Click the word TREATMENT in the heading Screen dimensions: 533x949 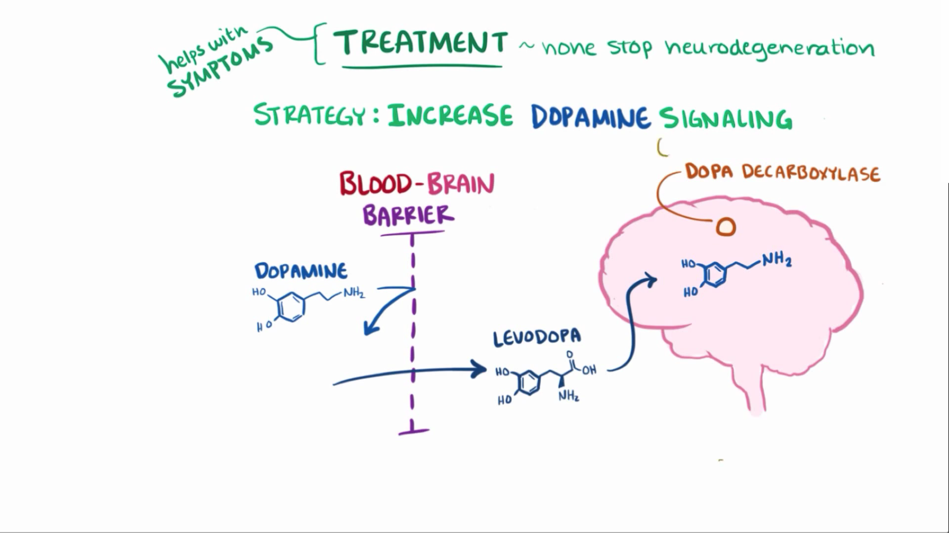click(421, 43)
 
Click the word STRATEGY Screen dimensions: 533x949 click(309, 115)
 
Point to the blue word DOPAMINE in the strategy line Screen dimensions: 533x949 click(590, 118)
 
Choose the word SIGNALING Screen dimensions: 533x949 click(726, 119)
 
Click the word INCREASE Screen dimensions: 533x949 click(450, 116)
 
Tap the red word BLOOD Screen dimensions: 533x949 click(376, 184)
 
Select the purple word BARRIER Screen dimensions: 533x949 click(408, 216)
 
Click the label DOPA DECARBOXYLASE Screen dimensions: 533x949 click(782, 173)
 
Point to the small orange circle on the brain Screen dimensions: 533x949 click(725, 227)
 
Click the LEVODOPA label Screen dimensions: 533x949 click(537, 338)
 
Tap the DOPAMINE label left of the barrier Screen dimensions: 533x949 click(301, 271)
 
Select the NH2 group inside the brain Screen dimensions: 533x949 click(776, 260)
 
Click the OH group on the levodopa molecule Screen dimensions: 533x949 click(589, 370)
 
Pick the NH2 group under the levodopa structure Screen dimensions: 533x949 click(569, 396)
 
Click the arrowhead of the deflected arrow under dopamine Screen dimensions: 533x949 click(369, 329)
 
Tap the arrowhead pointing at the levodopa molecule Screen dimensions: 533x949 click(480, 369)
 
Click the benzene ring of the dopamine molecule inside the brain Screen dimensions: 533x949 click(715, 275)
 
